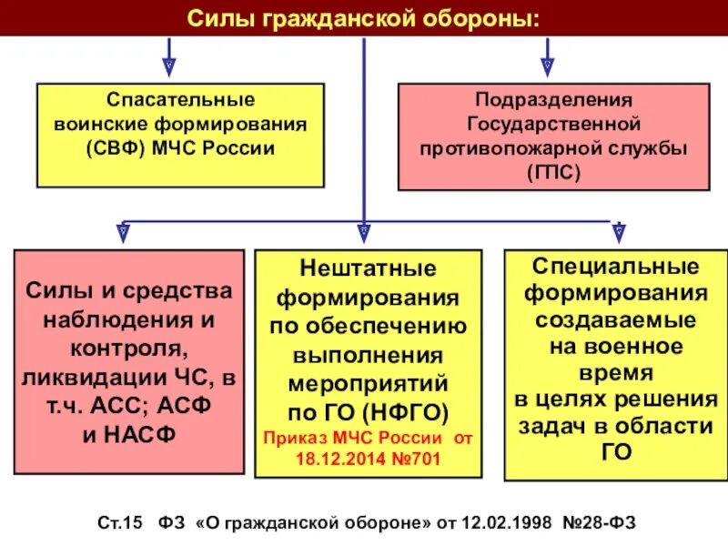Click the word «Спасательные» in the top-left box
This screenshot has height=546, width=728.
tap(180, 98)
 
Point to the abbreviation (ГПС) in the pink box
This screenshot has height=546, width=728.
tap(552, 170)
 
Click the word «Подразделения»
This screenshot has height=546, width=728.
tap(553, 98)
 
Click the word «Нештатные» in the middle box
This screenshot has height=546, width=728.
tap(368, 268)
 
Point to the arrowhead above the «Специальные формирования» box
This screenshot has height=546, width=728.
tap(619, 234)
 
